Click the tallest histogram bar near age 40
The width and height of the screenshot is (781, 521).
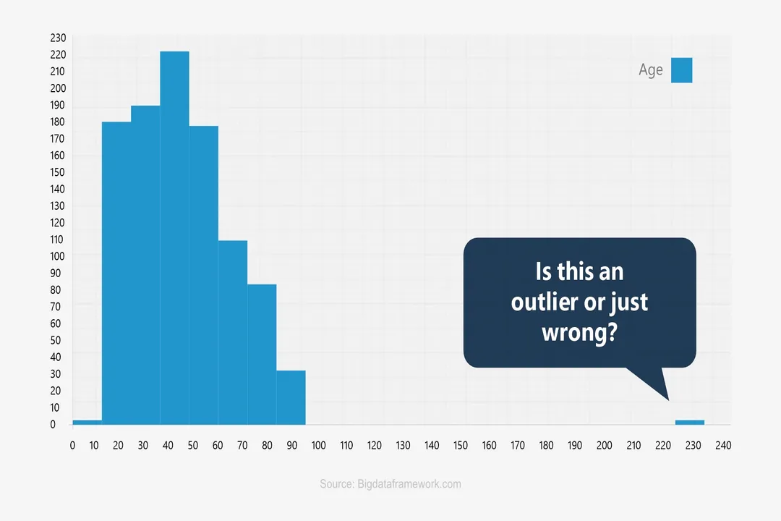point(174,239)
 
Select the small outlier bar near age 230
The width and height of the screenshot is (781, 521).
point(689,423)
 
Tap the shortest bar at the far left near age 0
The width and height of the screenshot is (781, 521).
point(87,423)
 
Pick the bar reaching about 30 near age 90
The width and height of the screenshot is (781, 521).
point(291,398)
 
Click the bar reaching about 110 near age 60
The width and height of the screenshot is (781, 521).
point(233,333)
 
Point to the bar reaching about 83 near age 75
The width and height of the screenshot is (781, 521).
point(262,355)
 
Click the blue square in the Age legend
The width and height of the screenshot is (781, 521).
point(681,70)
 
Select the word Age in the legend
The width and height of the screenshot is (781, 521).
point(650,70)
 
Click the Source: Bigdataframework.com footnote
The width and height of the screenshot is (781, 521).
point(390,484)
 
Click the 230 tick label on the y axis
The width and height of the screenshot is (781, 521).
point(58,38)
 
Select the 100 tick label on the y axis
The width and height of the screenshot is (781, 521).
point(58,256)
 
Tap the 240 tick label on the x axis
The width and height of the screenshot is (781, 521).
point(722,446)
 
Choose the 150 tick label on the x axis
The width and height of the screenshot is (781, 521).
point(461,446)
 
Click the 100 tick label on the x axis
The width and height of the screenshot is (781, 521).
point(317,446)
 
